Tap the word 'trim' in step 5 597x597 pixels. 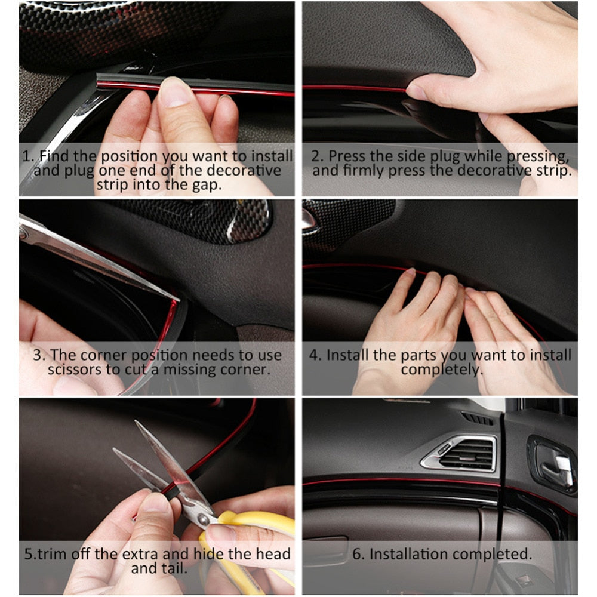tap(49, 554)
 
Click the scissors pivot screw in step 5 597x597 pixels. tap(204, 519)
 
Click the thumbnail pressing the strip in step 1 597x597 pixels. tap(174, 91)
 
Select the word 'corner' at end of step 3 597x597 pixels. tap(244, 370)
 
